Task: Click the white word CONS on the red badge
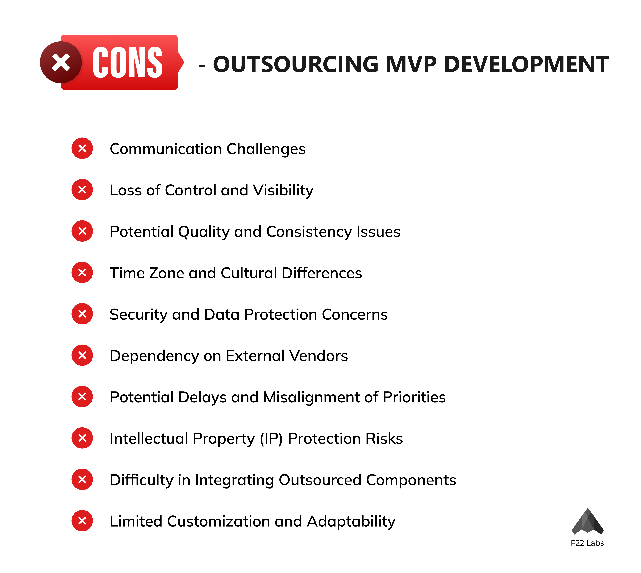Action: (128, 62)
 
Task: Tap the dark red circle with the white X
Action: (61, 62)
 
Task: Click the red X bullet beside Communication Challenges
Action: (82, 148)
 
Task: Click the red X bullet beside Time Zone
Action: (82, 272)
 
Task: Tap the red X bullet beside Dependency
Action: (82, 355)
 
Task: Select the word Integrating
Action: (234, 480)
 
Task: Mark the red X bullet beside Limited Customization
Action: (82, 521)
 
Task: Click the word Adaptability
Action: (351, 522)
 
